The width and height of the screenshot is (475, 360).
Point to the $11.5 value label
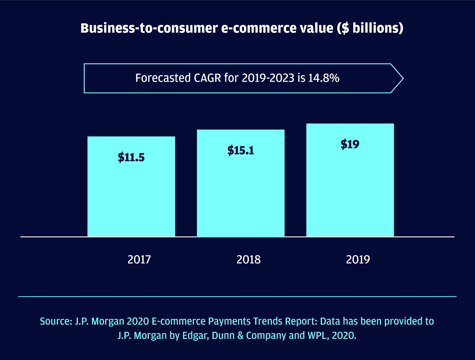(131, 157)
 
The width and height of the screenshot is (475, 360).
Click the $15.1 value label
(241, 150)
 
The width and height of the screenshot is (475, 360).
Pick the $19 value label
(350, 144)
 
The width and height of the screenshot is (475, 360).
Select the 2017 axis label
(139, 260)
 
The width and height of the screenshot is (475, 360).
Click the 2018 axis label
(248, 260)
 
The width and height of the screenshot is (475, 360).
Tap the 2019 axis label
(358, 260)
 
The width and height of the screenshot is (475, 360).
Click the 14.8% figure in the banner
(323, 78)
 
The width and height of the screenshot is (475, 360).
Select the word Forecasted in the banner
(163, 78)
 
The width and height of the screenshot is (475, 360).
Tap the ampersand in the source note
(241, 335)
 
